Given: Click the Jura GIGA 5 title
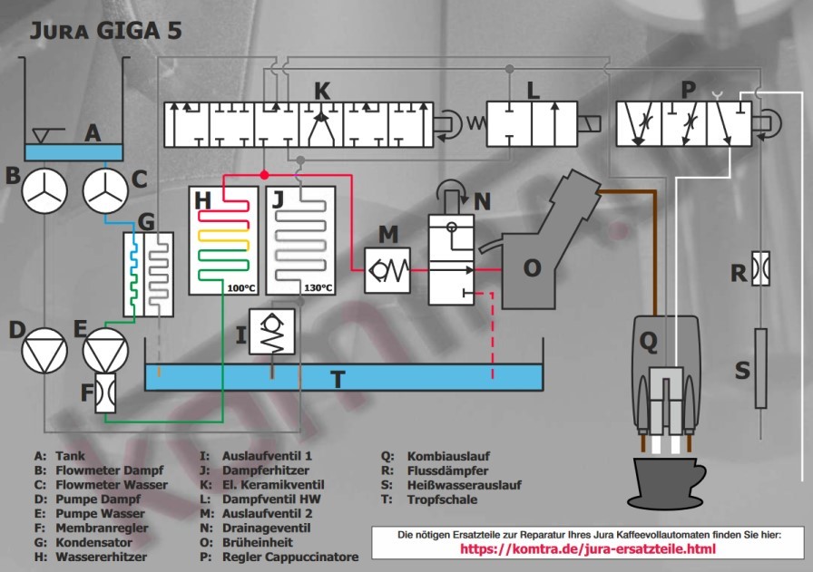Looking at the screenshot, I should pyautogui.click(x=106, y=30).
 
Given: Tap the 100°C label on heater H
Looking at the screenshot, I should pyautogui.click(x=240, y=288).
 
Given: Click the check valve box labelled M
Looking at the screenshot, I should pyautogui.click(x=388, y=269).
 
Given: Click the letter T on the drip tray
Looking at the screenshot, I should pyautogui.click(x=338, y=379).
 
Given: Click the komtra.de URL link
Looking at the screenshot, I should pyautogui.click(x=588, y=549).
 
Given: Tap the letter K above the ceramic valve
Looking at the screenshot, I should pyautogui.click(x=322, y=91).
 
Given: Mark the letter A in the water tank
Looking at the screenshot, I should pyautogui.click(x=92, y=133).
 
